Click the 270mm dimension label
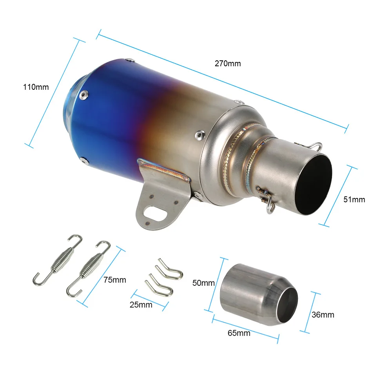tap(228, 64)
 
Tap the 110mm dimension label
tap(36, 87)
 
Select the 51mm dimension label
tap(354, 200)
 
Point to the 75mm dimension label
tap(115, 280)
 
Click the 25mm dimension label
tap(141, 305)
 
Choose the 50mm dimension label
tap(203, 283)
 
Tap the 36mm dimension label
tap(323, 315)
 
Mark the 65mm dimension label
tap(239, 333)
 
